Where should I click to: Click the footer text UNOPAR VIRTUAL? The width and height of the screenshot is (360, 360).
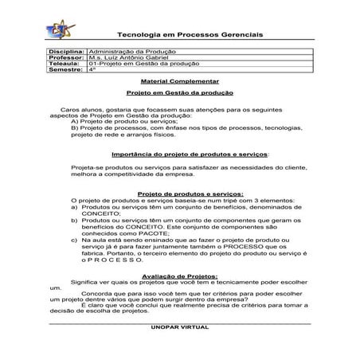point(178,327)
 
